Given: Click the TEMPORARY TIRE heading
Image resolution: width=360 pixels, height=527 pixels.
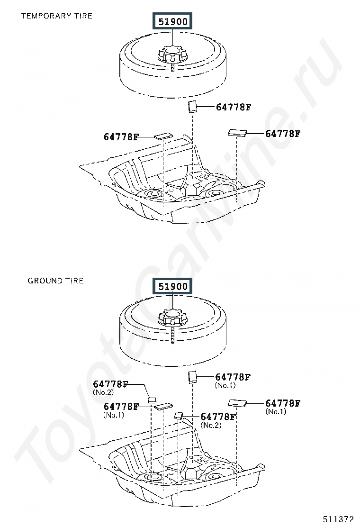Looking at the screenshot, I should (56, 16).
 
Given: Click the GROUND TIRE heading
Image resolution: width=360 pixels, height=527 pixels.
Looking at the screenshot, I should (55, 281).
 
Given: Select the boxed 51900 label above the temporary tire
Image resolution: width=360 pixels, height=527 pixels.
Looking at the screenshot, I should (173, 22).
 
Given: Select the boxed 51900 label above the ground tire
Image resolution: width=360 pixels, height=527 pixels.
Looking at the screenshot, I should (173, 287).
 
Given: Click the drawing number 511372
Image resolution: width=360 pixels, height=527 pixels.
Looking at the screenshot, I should (339, 519).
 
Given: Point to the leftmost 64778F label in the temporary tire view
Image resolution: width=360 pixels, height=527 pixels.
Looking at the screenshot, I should (121, 137).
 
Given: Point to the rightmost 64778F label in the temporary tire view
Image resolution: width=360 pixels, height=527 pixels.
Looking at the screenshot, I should (283, 134).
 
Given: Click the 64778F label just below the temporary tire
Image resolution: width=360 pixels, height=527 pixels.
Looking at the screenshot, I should (234, 107).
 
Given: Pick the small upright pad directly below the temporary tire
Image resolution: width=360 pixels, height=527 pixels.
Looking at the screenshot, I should (192, 106).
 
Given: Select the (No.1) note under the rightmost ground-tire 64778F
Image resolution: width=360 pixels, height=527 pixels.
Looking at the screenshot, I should (276, 411).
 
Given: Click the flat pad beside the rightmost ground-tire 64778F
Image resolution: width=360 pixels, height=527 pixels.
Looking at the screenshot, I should (238, 403).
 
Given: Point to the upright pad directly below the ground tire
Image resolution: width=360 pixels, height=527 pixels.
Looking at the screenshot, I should (192, 377).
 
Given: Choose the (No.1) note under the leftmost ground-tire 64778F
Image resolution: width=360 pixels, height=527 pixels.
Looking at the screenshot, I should (114, 415).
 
